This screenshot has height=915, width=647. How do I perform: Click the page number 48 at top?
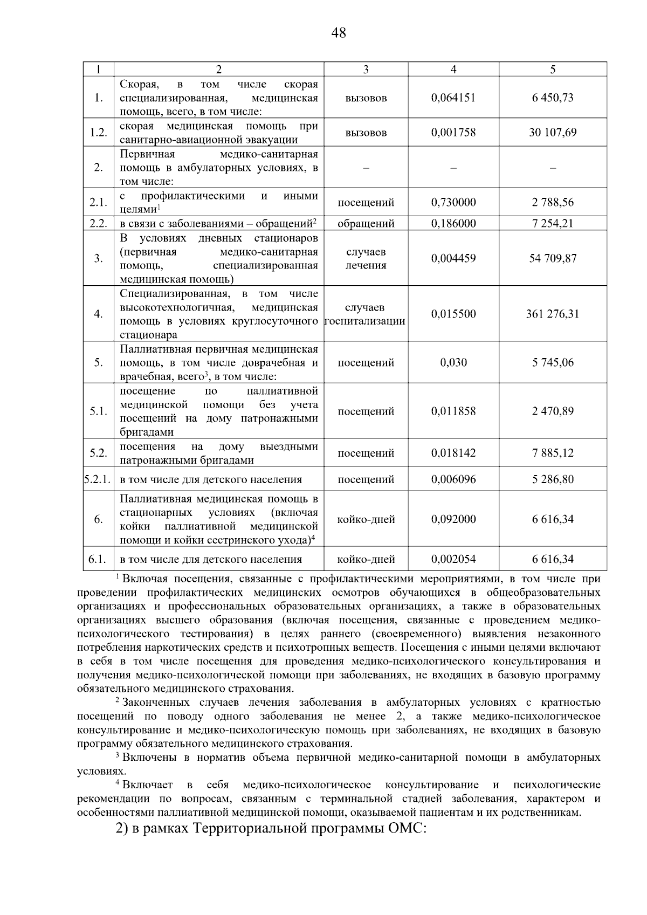pos(339,33)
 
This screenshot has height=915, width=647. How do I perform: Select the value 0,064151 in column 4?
pos(453,98)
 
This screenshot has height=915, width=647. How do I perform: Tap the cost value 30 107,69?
pos(553,133)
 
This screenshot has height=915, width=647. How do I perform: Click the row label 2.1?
pos(98,203)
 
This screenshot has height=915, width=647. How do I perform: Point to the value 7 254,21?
pos(553,223)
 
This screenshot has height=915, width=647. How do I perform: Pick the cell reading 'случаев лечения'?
pos(366,259)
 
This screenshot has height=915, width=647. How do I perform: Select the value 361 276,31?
pos(553,314)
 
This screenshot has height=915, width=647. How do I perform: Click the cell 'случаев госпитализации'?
pos(366,314)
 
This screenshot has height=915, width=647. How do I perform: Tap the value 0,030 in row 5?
pos(453,362)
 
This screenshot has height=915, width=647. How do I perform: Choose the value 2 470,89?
pos(553,411)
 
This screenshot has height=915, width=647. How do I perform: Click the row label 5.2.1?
pos(98,479)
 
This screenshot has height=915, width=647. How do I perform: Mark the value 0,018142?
pos(453,453)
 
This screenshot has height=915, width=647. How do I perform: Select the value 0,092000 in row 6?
pos(453,519)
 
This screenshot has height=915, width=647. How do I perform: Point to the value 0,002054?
pos(453,559)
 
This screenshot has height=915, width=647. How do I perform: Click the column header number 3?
pos(366,69)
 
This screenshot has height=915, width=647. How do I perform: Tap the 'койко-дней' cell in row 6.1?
pos(366,559)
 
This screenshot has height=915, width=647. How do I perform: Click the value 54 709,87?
pos(553,258)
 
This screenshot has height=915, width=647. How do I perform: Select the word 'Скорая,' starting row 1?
pos(139,85)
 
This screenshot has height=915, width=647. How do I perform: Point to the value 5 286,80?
pos(553,479)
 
